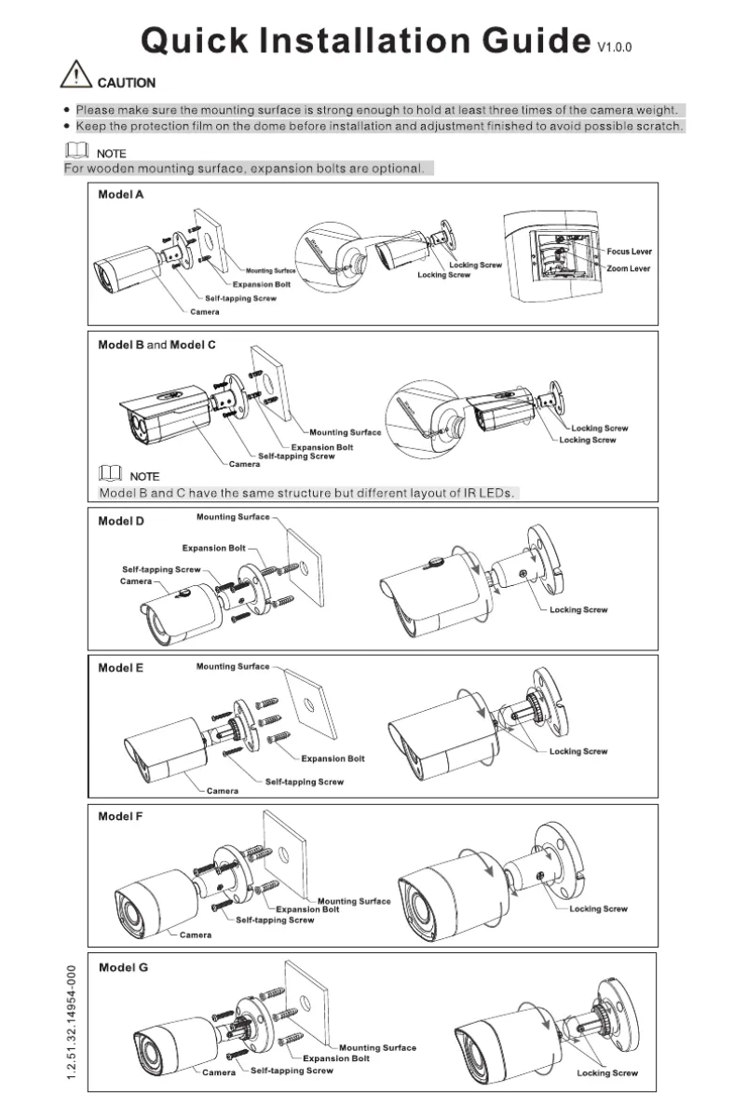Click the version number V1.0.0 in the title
click(x=615, y=46)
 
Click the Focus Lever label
click(x=630, y=252)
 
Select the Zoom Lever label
click(x=629, y=268)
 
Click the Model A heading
click(x=121, y=196)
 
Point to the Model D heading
click(x=121, y=521)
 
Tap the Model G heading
click(x=123, y=967)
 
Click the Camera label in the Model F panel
click(x=195, y=935)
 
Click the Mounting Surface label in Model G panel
click(x=377, y=1048)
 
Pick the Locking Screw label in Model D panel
click(x=578, y=609)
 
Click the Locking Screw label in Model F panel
click(x=598, y=908)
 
